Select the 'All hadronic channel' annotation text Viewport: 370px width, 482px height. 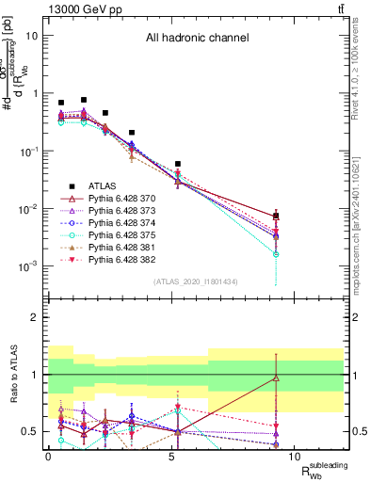pyautogui.click(x=197, y=39)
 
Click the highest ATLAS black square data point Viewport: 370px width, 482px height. pyautogui.click(x=84, y=100)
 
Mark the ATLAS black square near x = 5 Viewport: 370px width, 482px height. pyautogui.click(x=177, y=164)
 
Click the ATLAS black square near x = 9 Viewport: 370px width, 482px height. pyautogui.click(x=276, y=217)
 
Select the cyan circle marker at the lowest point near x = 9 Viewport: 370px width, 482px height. pyautogui.click(x=276, y=254)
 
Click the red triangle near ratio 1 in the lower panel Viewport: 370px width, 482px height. pyautogui.click(x=276, y=378)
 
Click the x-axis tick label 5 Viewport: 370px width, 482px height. pyautogui.click(x=171, y=455)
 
